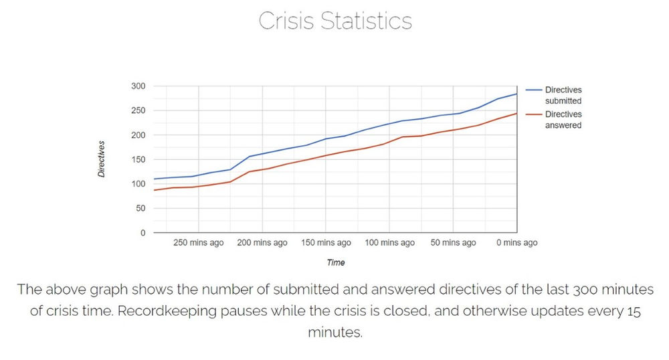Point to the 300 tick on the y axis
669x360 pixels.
[138, 86]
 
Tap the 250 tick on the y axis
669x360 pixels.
[138, 110]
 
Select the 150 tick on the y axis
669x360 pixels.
[138, 159]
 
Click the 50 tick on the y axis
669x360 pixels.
[140, 208]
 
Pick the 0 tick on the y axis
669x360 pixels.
[142, 233]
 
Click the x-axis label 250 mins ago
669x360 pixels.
[199, 243]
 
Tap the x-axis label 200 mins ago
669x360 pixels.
[262, 243]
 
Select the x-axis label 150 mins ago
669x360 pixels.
[326, 243]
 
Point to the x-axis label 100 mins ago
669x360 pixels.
[389, 243]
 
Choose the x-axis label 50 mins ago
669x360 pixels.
[453, 243]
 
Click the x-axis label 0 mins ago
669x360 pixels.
[516, 243]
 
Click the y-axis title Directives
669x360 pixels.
[102, 159]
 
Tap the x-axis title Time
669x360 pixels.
[335, 263]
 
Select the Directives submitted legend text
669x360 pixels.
[563, 95]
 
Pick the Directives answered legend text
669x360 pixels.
[563, 120]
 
